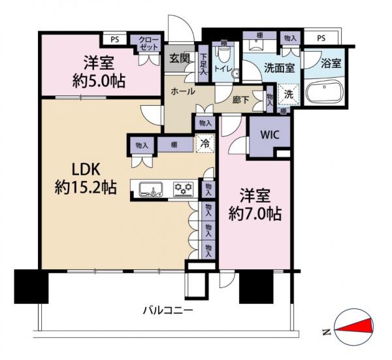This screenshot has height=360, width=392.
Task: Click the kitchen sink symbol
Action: coord(154,189)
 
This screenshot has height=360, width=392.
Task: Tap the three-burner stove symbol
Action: coord(184,189)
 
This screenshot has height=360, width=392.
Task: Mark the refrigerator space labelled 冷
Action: coord(206,144)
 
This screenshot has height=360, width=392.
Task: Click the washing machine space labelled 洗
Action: coord(288,93)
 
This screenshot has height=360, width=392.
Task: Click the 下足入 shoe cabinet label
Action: coord(203,64)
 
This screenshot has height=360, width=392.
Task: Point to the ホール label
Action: coord(183,92)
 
